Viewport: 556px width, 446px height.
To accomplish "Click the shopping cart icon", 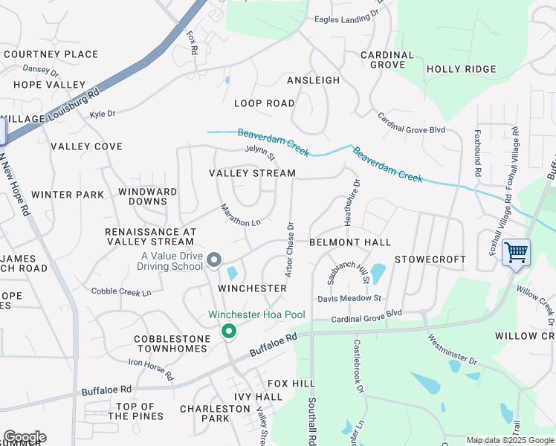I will point(516,251).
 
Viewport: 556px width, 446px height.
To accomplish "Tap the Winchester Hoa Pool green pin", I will point(229,331).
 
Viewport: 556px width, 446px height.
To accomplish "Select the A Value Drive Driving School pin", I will point(214,260).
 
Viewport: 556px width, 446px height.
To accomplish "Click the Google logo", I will point(25,437).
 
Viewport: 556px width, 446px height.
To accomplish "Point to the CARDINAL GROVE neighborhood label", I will point(387,60).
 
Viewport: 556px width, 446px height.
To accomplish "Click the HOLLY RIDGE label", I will point(461,69).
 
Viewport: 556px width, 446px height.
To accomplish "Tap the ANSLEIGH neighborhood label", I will point(314,80).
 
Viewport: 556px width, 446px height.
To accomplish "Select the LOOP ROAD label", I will point(264,103).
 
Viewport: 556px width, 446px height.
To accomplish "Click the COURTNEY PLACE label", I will point(51,54).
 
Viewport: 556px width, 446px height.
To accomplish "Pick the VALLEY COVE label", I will point(86,146).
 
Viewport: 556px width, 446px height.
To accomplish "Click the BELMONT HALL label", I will point(350,242).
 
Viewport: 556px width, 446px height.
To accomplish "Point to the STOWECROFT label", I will point(430,259).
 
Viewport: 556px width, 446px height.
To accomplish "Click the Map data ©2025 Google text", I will point(509,440).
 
